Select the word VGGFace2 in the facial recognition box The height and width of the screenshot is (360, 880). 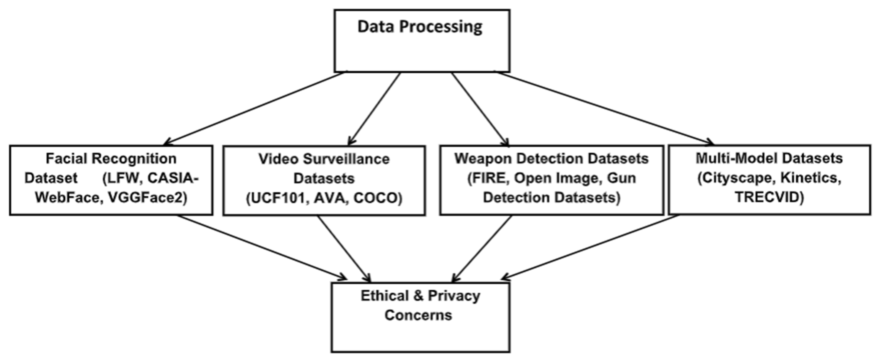(147, 197)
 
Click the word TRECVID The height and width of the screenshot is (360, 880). (769, 197)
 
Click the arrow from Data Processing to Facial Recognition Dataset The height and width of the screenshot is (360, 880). (254, 108)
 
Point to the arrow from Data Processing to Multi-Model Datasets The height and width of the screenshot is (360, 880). (605, 108)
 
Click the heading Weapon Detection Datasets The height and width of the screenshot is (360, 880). (551, 158)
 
